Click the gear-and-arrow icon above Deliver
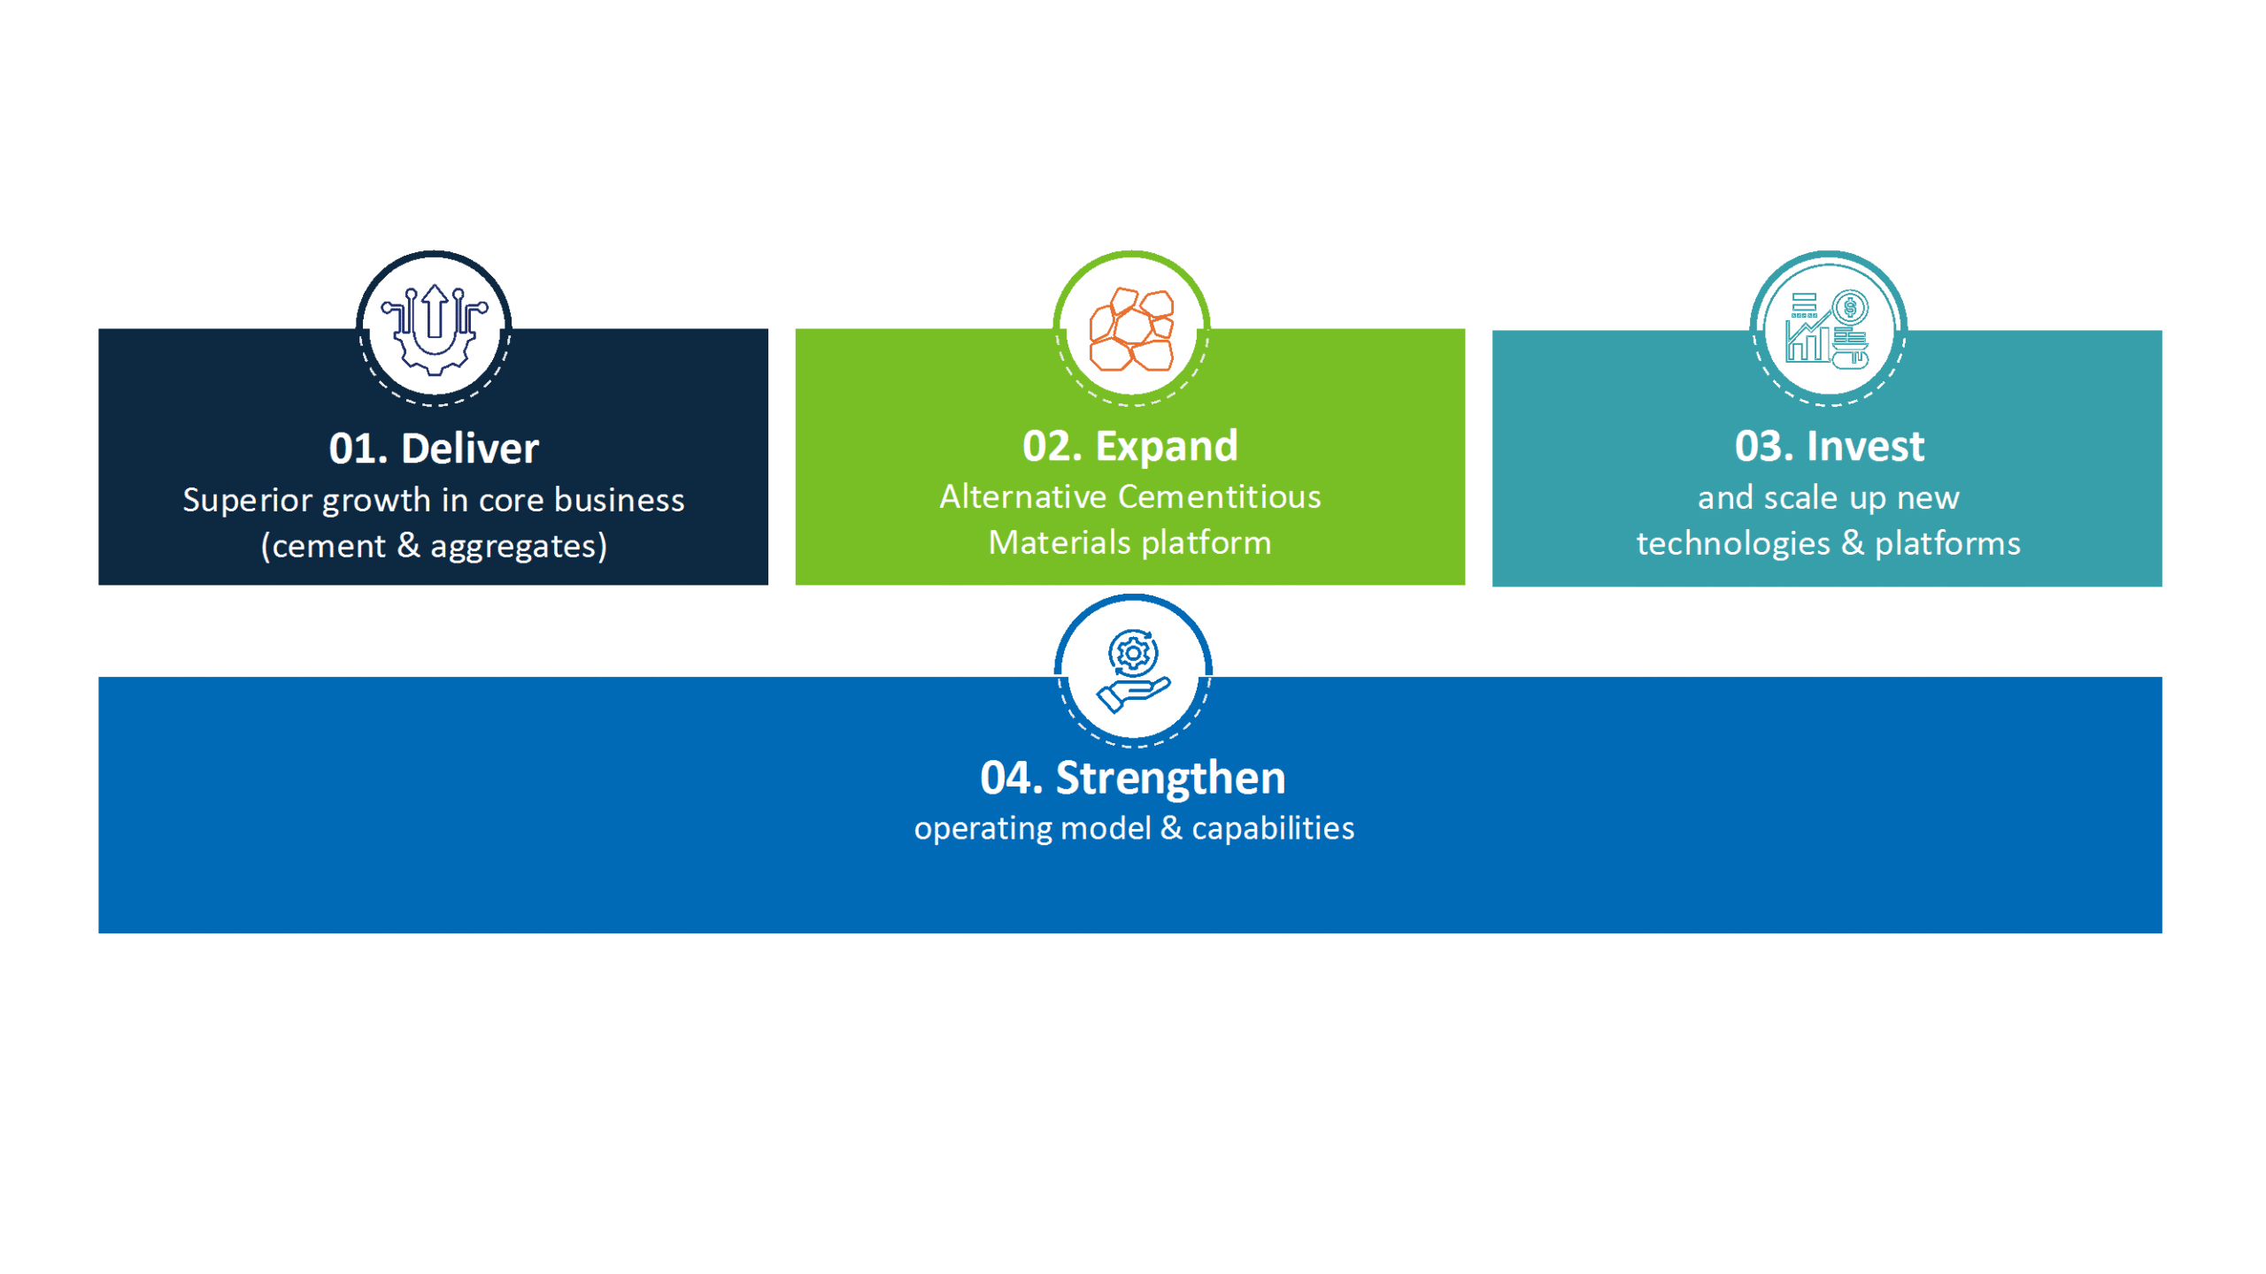coord(434,329)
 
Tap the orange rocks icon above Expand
coord(1131,329)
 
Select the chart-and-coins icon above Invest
coord(1827,329)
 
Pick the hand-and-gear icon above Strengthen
coord(1133,670)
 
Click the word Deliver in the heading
coord(470,449)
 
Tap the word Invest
coord(1866,446)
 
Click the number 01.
coord(358,449)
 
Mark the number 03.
coord(1764,446)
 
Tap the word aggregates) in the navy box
coord(519,546)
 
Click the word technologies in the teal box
coord(1732,543)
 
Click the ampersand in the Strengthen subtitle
coord(1171,828)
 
